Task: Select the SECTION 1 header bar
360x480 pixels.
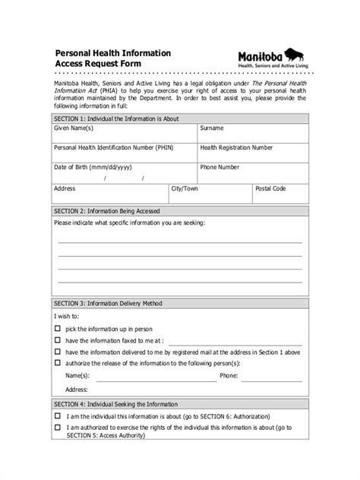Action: pos(179,119)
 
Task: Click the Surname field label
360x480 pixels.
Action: pos(212,130)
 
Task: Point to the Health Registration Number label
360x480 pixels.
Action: pos(236,148)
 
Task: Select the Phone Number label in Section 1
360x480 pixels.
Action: pos(219,166)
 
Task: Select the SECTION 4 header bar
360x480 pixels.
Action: pos(179,404)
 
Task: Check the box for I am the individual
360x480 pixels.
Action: pos(58,416)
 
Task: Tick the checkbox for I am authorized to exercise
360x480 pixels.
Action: pos(58,428)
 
